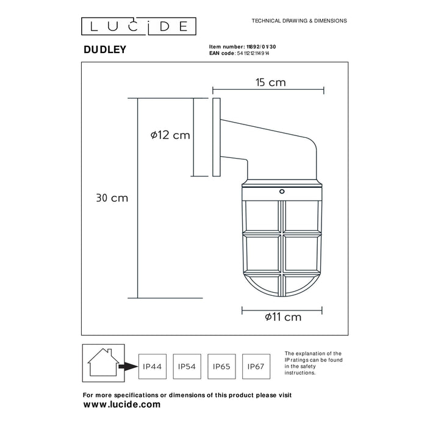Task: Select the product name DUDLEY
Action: pyautogui.click(x=104, y=50)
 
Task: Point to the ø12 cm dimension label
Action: pyautogui.click(x=170, y=135)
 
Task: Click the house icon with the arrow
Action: pyautogui.click(x=102, y=362)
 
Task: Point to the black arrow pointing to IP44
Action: pyautogui.click(x=128, y=367)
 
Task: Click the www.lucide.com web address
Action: pyautogui.click(x=121, y=404)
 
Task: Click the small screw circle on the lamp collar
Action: pyautogui.click(x=282, y=192)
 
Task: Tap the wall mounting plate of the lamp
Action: pyautogui.click(x=215, y=137)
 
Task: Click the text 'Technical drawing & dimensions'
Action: pyautogui.click(x=299, y=21)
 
